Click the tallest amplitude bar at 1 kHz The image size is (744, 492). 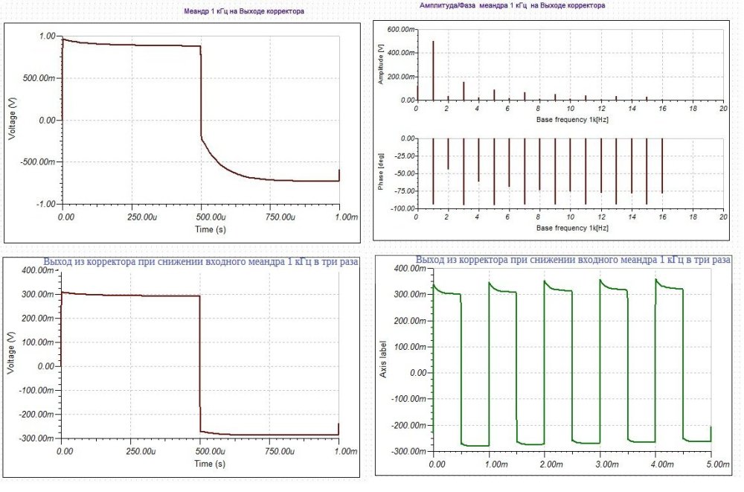click(433, 71)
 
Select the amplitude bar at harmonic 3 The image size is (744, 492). click(464, 91)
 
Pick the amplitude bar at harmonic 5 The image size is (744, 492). click(494, 95)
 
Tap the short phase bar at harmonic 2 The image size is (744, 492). click(448, 154)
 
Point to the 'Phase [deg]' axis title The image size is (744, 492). click(382, 173)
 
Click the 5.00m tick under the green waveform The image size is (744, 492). click(712, 464)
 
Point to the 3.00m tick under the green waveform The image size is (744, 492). click(602, 464)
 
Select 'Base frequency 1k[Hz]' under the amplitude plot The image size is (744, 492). click(568, 119)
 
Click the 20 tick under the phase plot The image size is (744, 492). click(722, 218)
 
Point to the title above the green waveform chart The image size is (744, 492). click(573, 261)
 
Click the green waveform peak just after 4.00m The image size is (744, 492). click(656, 280)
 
